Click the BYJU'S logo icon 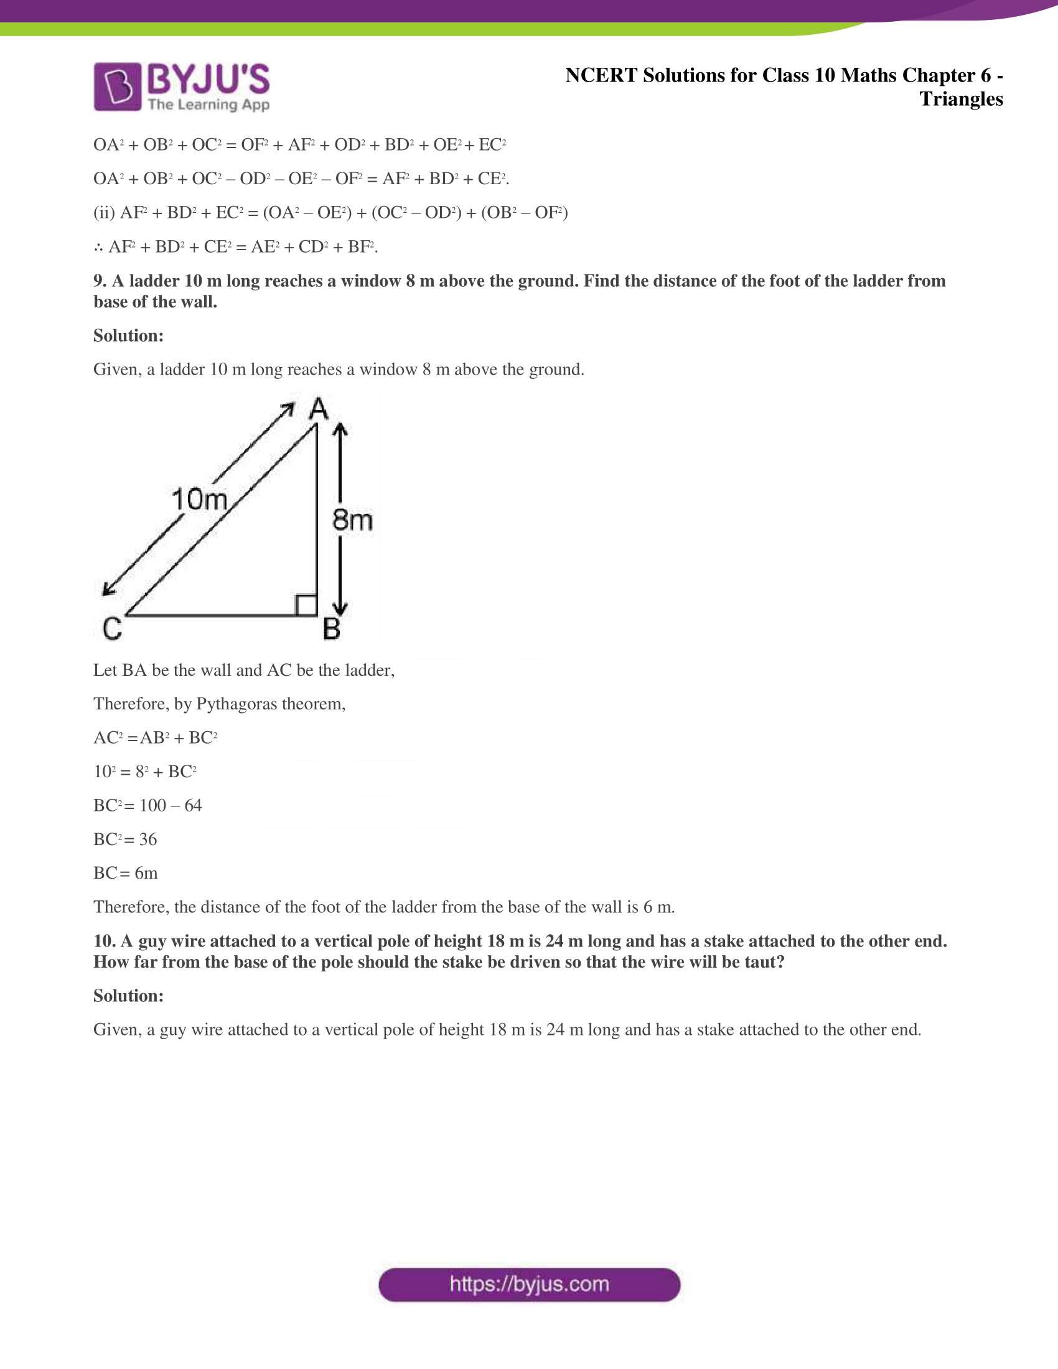pyautogui.click(x=116, y=86)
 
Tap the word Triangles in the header pyautogui.click(x=961, y=99)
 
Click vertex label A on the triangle pyautogui.click(x=319, y=409)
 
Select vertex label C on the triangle pyautogui.click(x=112, y=628)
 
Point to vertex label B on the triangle pyautogui.click(x=332, y=628)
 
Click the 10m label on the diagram pyautogui.click(x=199, y=500)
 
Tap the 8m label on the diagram pyautogui.click(x=352, y=520)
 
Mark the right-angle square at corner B pyautogui.click(x=306, y=605)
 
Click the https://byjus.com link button pyautogui.click(x=529, y=1284)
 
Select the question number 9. pyautogui.click(x=100, y=281)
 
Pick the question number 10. pyautogui.click(x=103, y=941)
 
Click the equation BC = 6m pyautogui.click(x=125, y=872)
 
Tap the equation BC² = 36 pyautogui.click(x=124, y=839)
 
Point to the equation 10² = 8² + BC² pyautogui.click(x=145, y=771)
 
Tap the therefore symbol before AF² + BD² pyautogui.click(x=98, y=247)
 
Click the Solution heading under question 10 pyautogui.click(x=128, y=996)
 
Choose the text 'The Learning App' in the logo pyautogui.click(x=208, y=104)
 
